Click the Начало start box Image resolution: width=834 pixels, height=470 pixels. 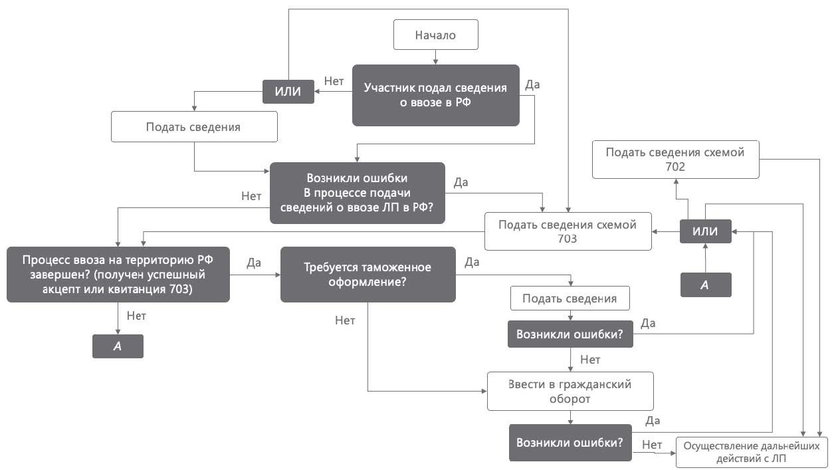tap(435, 35)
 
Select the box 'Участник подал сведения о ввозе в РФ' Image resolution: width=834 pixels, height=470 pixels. tap(435, 95)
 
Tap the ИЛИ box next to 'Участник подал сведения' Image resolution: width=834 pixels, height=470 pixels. tap(288, 91)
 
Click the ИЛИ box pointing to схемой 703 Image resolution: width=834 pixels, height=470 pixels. tap(705, 231)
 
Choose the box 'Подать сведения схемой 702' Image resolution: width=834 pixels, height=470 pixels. tap(675, 160)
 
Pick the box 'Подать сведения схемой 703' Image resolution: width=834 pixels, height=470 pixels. tap(568, 231)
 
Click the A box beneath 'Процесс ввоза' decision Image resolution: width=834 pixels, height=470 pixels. tap(118, 346)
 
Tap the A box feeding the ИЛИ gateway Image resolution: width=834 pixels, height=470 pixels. tap(705, 285)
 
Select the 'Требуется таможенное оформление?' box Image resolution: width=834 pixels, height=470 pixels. tap(367, 275)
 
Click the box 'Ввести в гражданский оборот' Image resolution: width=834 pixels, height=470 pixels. tap(570, 392)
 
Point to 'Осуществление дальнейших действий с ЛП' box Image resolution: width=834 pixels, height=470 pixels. tap(752, 453)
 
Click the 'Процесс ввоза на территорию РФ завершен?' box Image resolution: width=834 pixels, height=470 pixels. tap(118, 274)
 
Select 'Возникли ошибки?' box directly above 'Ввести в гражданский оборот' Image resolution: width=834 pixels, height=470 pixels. tap(570, 334)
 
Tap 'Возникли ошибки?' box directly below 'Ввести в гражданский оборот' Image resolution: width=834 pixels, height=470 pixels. tap(570, 443)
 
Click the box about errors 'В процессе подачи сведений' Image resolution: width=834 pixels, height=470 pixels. tap(357, 193)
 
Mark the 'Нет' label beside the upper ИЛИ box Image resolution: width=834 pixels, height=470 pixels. tap(334, 81)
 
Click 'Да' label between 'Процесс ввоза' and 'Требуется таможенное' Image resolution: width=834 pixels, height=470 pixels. tap(254, 262)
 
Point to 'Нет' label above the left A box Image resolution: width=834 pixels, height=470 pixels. tap(137, 316)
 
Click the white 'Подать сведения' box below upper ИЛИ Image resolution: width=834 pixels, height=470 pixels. tap(193, 126)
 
